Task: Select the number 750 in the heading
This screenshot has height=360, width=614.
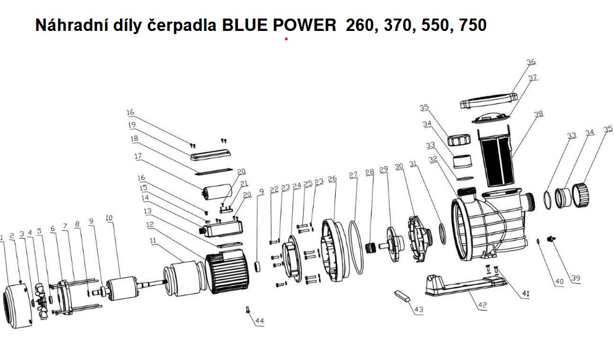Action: [x=469, y=25]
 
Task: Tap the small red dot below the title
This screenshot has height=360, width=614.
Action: [x=286, y=39]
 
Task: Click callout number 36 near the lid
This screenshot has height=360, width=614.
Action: [x=531, y=61]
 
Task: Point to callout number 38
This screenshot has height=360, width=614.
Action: [x=539, y=114]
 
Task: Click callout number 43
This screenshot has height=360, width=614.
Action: [x=418, y=309]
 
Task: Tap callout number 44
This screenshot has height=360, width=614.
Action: [x=260, y=320]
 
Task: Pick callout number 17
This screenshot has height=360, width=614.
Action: [x=138, y=156]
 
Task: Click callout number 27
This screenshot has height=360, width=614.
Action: [x=353, y=175]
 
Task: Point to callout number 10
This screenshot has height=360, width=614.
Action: [x=109, y=218]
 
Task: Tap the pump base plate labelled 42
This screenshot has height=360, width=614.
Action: [x=467, y=285]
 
